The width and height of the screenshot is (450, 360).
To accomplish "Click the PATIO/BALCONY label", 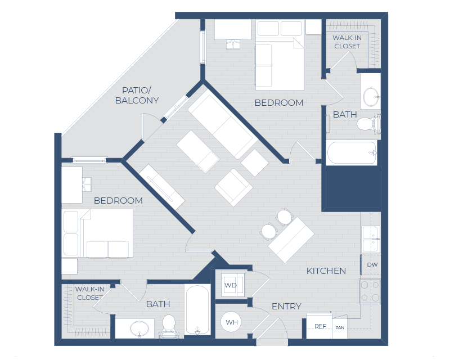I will [137, 95].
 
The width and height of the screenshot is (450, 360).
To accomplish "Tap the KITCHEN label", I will [326, 271].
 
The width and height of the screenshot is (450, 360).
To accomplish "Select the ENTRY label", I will [286, 307].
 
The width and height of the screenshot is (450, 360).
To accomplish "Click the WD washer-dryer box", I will [231, 285].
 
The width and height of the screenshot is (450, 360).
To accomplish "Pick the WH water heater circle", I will [231, 322].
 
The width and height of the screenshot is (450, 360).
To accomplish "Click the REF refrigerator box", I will [319, 326].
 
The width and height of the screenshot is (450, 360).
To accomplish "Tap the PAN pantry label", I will [340, 327].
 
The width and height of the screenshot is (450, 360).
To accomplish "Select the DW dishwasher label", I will [372, 264].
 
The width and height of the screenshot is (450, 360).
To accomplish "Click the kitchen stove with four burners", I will [370, 291].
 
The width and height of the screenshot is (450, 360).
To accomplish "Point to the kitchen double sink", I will [370, 238].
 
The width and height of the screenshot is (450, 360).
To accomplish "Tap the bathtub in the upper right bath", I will [352, 152].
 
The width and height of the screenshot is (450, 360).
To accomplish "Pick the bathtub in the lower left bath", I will [197, 309].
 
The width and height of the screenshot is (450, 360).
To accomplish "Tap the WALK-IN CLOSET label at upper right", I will [346, 42].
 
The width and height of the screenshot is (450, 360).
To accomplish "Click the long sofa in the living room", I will [222, 125].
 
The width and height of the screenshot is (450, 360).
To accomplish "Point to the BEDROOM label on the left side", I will [118, 200].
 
